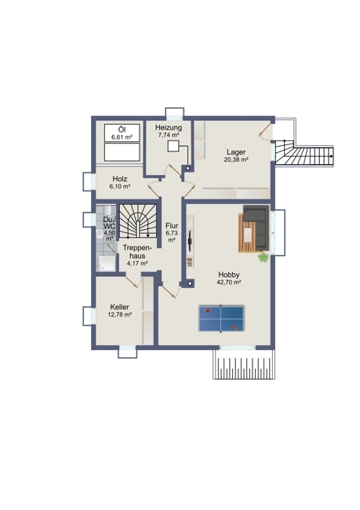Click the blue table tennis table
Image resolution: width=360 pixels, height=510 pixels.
(x=221, y=319)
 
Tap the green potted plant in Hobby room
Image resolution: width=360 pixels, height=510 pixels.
(x=263, y=257)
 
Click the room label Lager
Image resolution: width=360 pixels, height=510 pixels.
(x=236, y=152)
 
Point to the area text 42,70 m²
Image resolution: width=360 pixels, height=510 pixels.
(x=228, y=282)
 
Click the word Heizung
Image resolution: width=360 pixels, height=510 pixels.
(x=169, y=127)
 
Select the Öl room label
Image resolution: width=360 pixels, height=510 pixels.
(x=122, y=129)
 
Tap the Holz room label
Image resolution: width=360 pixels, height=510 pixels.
(x=120, y=179)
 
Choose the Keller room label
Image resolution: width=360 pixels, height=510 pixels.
(x=119, y=307)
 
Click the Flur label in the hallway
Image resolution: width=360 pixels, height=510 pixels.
(x=172, y=226)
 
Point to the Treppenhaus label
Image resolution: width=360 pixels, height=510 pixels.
(x=137, y=252)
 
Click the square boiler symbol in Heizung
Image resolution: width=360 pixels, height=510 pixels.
(x=173, y=146)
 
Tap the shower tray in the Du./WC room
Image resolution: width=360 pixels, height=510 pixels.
(x=107, y=263)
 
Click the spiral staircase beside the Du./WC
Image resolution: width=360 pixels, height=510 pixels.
(x=138, y=220)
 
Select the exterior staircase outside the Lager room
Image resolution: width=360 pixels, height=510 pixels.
(x=304, y=157)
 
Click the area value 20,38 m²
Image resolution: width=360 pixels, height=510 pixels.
(x=236, y=159)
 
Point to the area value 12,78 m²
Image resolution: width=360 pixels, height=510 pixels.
(x=119, y=315)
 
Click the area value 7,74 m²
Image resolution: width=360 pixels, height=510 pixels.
(x=169, y=135)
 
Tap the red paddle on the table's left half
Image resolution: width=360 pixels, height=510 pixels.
(x=208, y=311)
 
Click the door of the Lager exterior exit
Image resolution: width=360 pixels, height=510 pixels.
(x=265, y=129)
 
